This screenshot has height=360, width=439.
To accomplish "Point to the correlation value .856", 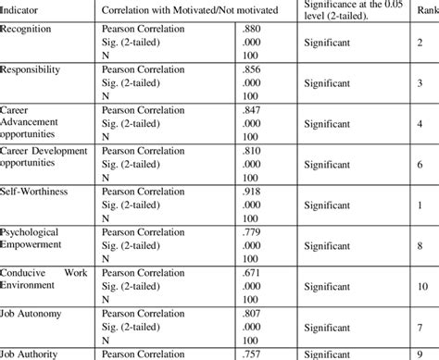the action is point(253,70).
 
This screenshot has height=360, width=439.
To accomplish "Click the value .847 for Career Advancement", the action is point(253,110).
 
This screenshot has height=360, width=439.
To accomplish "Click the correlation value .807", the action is point(253,314).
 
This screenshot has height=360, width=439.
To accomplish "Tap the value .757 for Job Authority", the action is point(253,353).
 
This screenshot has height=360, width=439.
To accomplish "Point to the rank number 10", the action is point(421,287).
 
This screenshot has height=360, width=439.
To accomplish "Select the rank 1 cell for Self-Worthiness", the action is point(421,203).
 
